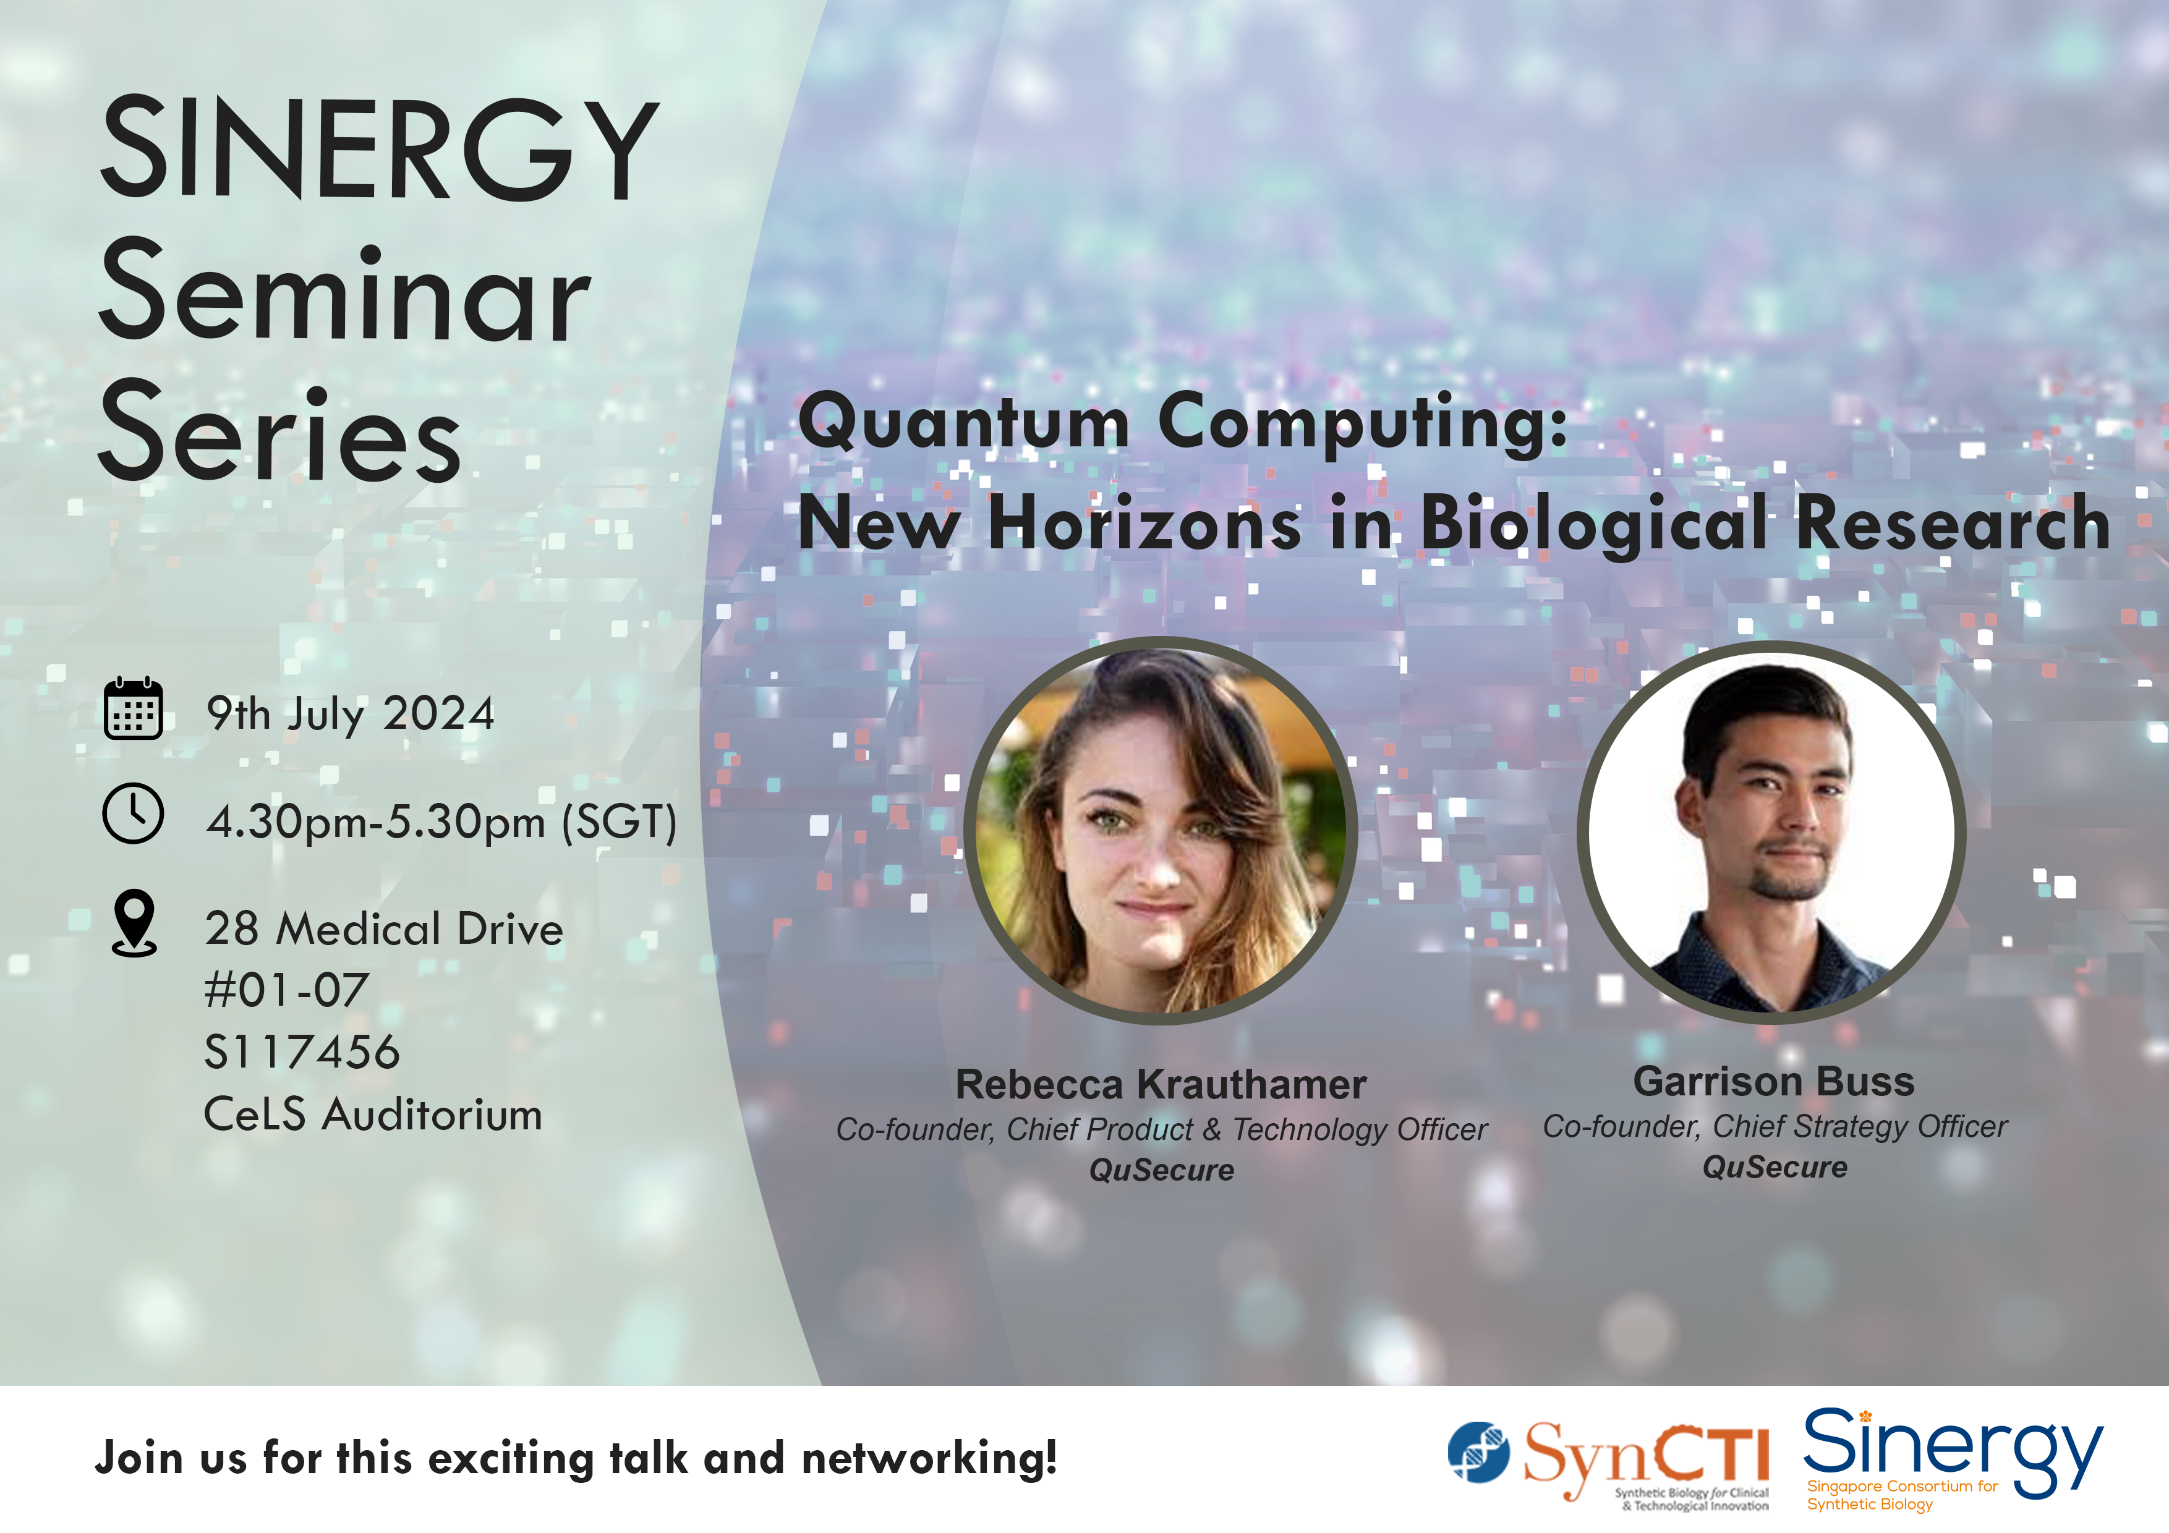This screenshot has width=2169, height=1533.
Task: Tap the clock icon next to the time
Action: [133, 813]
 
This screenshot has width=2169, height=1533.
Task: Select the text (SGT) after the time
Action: [620, 822]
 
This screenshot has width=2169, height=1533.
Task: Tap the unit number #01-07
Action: [286, 990]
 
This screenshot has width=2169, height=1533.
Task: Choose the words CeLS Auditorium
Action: [373, 1115]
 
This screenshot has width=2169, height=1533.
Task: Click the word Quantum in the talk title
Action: [963, 423]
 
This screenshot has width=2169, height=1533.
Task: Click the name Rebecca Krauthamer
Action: [1161, 1084]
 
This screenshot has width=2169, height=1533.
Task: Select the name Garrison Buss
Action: [1774, 1082]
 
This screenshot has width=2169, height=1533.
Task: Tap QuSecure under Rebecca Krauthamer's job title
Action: [1162, 1170]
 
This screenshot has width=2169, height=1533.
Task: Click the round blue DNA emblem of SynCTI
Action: [1478, 1452]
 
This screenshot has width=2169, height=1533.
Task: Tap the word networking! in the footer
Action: [929, 1458]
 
